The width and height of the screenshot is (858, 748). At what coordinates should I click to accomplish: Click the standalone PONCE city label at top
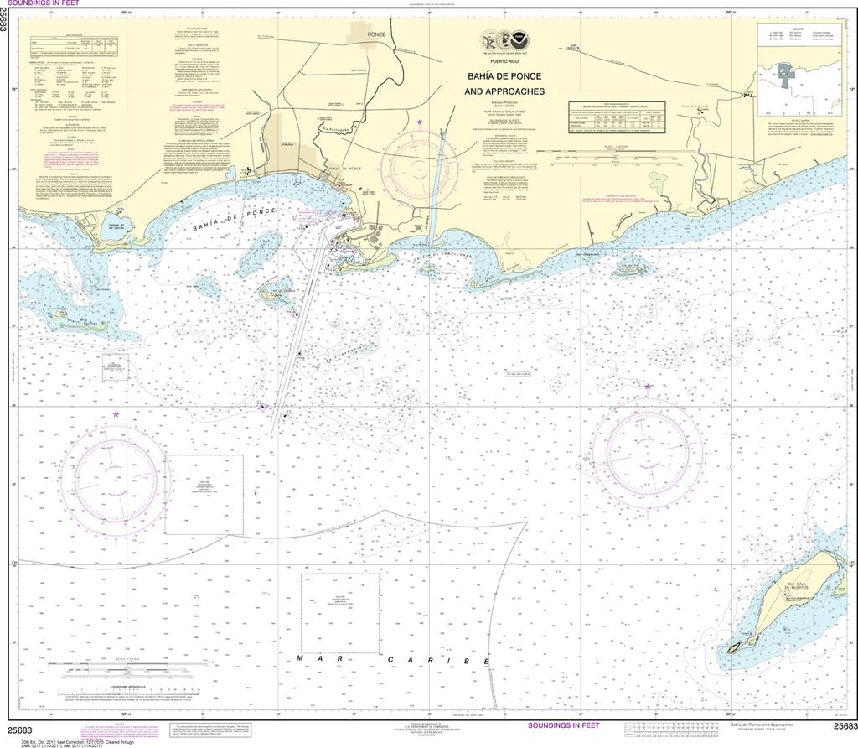(375, 34)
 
